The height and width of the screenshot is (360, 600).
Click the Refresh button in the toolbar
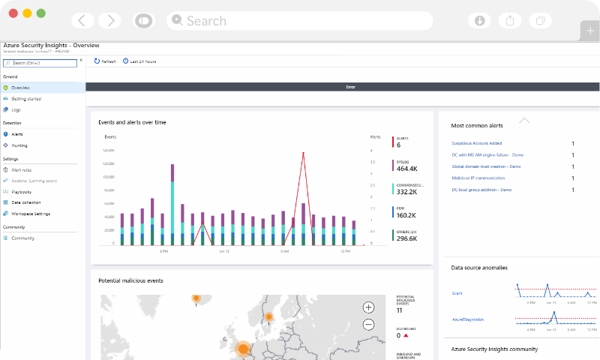tap(105, 61)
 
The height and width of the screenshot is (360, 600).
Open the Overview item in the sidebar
tap(21, 88)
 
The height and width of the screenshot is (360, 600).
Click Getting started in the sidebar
tap(26, 99)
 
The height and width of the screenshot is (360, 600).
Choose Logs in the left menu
tap(16, 110)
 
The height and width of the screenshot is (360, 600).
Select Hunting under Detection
tap(19, 145)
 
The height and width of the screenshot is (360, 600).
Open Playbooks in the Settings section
tap(22, 192)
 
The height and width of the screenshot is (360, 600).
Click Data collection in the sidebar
tap(26, 202)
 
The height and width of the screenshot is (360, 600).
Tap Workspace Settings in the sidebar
tap(31, 214)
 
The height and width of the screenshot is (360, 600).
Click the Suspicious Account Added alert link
tap(476, 143)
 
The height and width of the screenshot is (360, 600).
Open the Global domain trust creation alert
tap(486, 166)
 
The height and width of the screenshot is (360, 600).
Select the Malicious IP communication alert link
tap(478, 178)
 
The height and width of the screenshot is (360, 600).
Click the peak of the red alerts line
tap(303, 153)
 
